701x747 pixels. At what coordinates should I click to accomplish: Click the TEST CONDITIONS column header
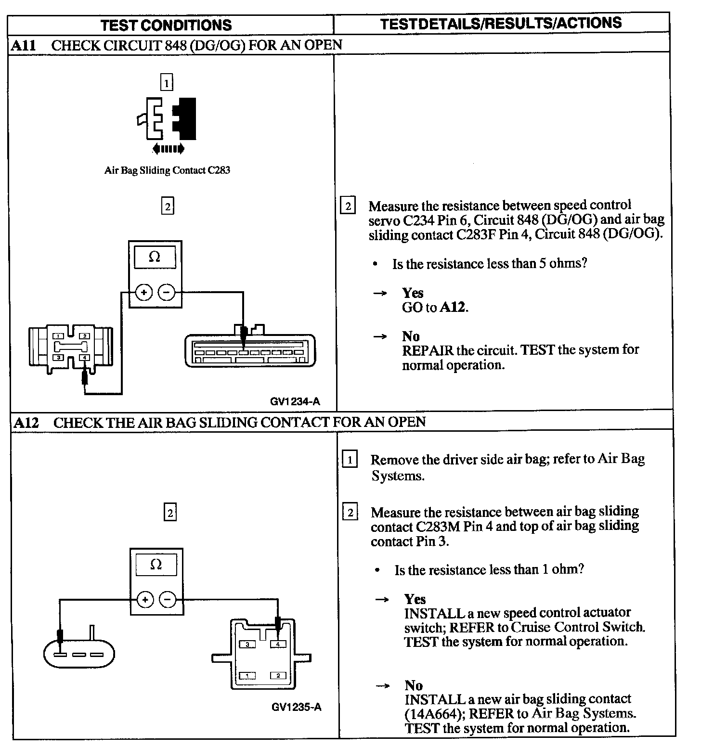pos(166,25)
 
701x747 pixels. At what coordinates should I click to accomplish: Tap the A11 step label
pos(23,45)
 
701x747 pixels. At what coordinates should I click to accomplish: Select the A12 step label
pos(25,423)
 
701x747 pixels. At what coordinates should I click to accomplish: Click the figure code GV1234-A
pos(295,401)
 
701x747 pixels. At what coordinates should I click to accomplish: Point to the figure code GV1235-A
pos(296,707)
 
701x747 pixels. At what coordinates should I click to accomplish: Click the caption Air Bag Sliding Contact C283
pos(167,170)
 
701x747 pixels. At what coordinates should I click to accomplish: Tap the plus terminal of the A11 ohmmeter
pos(143,292)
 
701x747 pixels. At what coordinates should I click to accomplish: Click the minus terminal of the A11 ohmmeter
pos(167,292)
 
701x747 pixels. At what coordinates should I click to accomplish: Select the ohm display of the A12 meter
pos(156,564)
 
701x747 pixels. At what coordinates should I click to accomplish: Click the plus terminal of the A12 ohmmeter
pos(145,599)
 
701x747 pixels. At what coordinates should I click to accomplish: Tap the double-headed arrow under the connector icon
pos(168,149)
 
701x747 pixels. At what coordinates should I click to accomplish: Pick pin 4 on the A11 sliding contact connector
pos(84,358)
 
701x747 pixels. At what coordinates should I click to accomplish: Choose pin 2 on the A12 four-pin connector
pos(278,676)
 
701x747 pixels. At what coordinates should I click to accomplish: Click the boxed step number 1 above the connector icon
pos(167,83)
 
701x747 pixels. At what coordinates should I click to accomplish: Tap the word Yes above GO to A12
pos(413,293)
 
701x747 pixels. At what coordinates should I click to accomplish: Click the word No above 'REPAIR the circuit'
pos(411,336)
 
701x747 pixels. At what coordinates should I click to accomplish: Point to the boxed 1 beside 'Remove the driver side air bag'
pos(350,460)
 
